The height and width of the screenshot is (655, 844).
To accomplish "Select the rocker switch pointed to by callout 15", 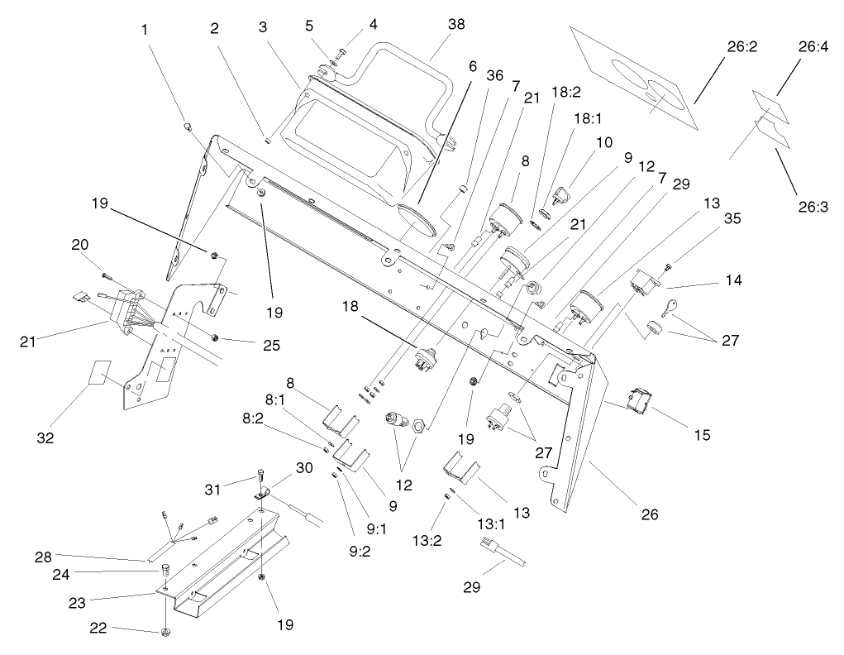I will pyautogui.click(x=641, y=399).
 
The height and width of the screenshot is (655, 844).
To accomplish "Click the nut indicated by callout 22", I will pyautogui.click(x=166, y=633).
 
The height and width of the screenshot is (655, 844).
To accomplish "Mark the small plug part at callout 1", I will pyautogui.click(x=188, y=126).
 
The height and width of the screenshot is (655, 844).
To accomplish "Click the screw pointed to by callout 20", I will pyautogui.click(x=104, y=274).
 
